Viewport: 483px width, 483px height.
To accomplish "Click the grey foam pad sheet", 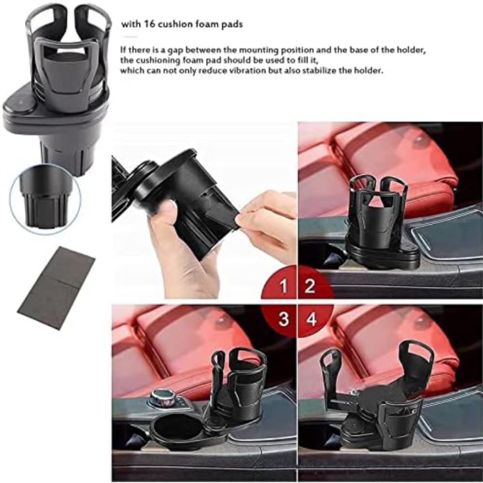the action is coord(57,288).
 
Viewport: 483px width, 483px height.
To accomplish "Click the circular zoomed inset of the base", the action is coord(45,199).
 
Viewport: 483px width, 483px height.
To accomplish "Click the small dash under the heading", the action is coord(131,37).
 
